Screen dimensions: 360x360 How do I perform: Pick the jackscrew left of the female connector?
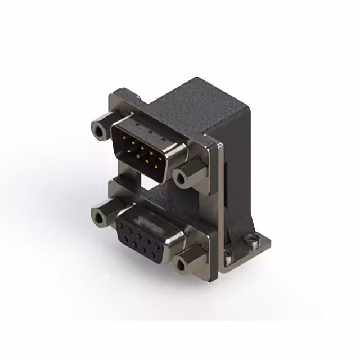pyautogui.click(x=100, y=214)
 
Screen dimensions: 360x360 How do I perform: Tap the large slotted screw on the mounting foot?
pyautogui.click(x=247, y=245)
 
